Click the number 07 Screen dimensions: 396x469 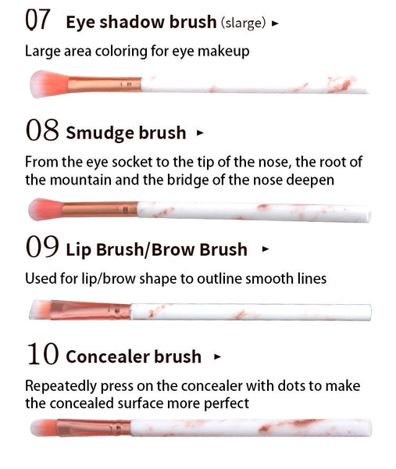37,20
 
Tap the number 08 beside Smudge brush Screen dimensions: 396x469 42,130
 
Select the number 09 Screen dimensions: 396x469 42,246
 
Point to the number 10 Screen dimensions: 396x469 42,354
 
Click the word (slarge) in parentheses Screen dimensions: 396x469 243,23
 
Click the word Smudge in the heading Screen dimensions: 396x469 100,134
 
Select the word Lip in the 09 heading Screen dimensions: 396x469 78,250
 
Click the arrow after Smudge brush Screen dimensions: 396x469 200,133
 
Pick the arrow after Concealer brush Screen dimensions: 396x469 218,356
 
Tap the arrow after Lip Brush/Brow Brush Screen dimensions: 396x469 265,249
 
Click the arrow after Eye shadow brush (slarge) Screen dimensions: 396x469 275,23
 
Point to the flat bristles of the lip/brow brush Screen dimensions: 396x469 40,310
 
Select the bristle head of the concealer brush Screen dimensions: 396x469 44,428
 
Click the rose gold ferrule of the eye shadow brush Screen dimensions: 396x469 105,84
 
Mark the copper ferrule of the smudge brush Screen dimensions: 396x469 100,209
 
